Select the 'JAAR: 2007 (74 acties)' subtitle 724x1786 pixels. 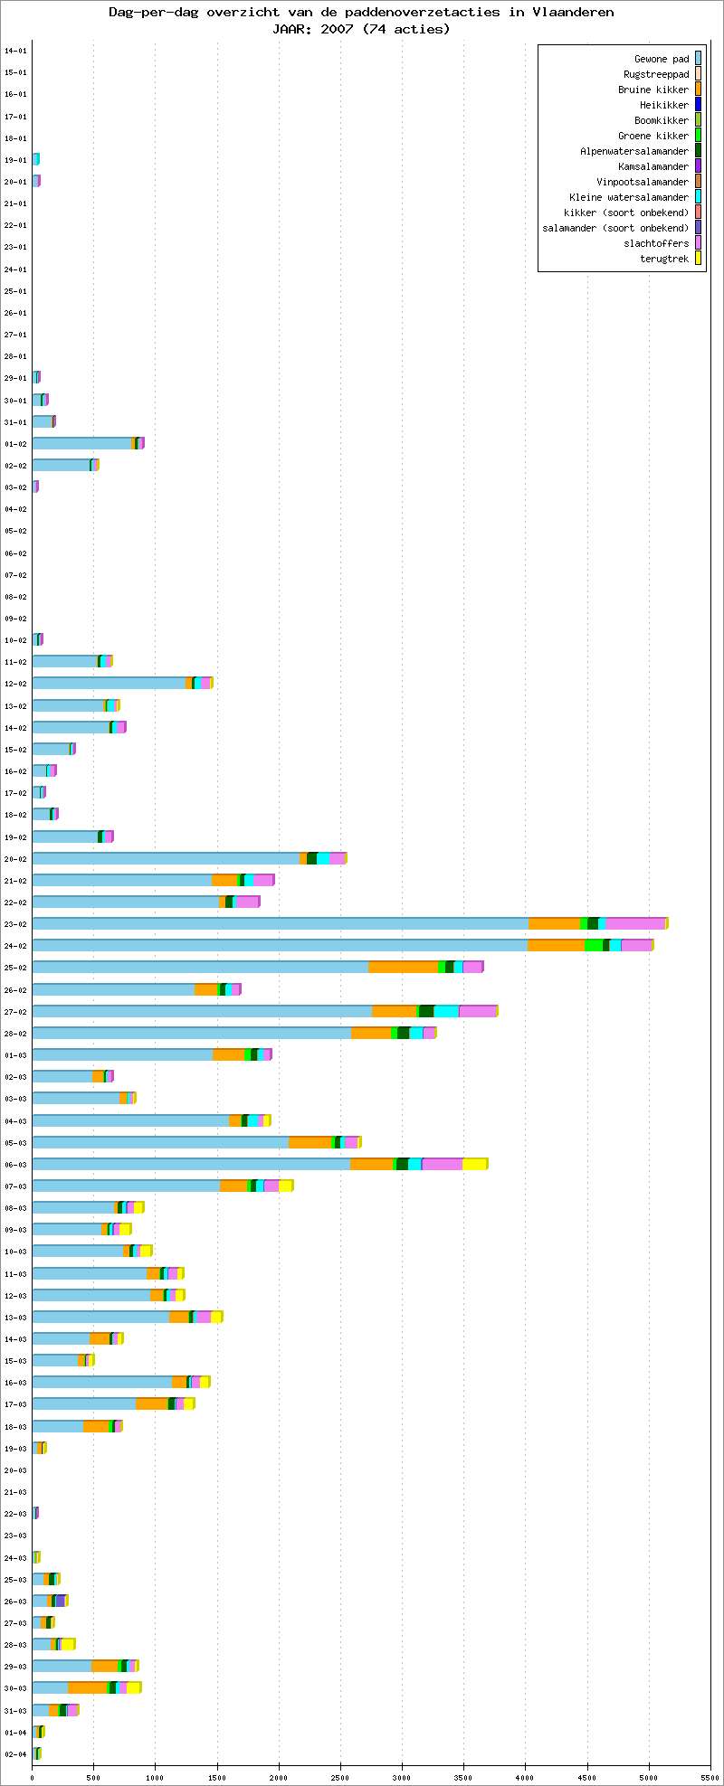tap(361, 28)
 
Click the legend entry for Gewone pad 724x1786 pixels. tap(662, 59)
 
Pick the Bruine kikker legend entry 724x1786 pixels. tap(653, 90)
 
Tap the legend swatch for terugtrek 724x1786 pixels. tap(698, 259)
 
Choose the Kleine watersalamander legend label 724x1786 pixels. tap(629, 197)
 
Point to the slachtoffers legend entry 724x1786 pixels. tap(656, 243)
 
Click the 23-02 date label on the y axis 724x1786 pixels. tap(15, 924)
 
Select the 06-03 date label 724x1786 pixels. tap(15, 1165)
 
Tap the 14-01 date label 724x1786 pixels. tap(15, 51)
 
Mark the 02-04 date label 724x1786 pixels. tap(15, 1754)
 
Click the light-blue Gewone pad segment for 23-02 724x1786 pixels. tap(281, 923)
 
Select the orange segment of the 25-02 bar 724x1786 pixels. tap(403, 967)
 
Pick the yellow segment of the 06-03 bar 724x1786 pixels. tap(475, 1164)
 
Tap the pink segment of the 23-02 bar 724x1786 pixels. tap(636, 923)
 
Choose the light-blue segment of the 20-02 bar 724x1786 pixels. tap(167, 858)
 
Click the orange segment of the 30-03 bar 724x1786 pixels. tap(88, 1687)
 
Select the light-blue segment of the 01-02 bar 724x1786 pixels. tap(82, 443)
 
